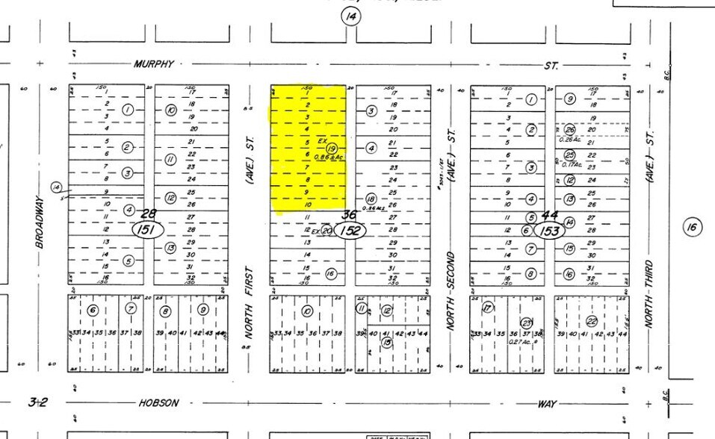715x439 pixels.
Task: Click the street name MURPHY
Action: pos(153,64)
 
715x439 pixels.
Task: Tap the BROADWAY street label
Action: pos(40,222)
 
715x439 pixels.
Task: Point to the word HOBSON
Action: pos(158,403)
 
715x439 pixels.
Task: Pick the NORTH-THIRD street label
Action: pos(650,293)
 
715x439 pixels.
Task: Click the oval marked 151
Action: pos(147,230)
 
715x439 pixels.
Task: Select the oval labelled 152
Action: pos(350,231)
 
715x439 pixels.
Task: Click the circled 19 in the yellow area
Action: pos(332,149)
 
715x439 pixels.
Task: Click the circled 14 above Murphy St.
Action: pos(350,16)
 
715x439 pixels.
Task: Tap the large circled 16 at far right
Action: pos(693,227)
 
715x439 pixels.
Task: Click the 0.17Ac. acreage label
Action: pos(572,165)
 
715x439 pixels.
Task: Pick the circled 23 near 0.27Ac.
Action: pos(526,322)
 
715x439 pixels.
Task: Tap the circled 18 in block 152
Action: pos(371,199)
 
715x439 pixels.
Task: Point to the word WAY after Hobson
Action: pos(547,404)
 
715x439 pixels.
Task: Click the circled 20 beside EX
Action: pos(326,231)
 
